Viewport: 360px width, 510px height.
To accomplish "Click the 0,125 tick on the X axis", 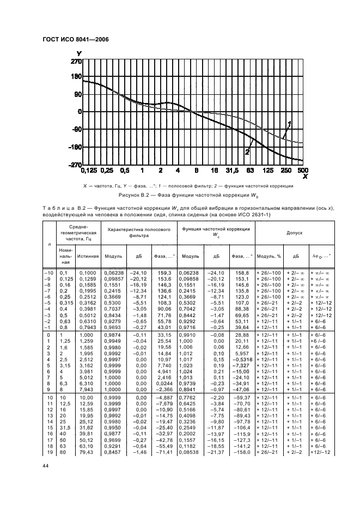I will coord(89,171).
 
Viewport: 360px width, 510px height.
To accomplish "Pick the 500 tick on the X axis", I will coord(303,171).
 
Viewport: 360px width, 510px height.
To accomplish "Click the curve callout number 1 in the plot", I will coord(290,123).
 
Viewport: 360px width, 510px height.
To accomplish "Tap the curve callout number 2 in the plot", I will coord(247,152).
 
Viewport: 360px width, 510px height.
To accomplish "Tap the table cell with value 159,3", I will coord(164,272).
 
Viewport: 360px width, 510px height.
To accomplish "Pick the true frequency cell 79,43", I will coord(86,452).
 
